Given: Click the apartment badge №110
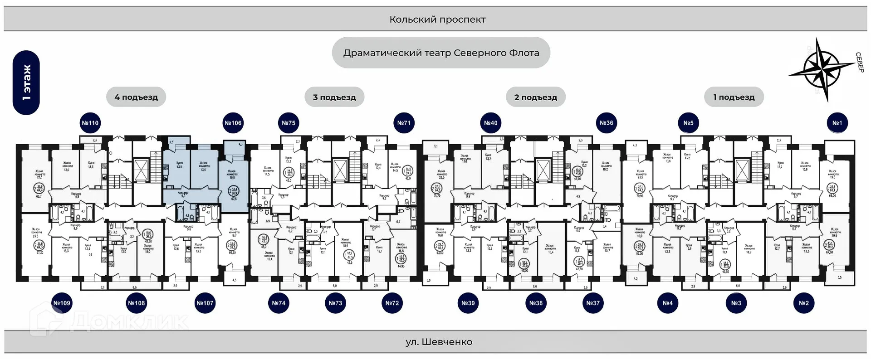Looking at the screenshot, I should pyautogui.click(x=90, y=123).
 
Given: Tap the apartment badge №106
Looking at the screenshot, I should pyautogui.click(x=233, y=123).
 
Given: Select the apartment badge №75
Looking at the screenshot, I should pyautogui.click(x=289, y=123).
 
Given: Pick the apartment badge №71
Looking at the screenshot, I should pyautogui.click(x=404, y=123).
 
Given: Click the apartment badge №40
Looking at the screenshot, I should pyautogui.click(x=490, y=123).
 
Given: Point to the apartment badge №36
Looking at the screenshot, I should pyautogui.click(x=607, y=123).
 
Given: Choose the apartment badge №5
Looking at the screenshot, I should pyautogui.click(x=688, y=123).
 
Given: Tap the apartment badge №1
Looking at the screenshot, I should pyautogui.click(x=837, y=123).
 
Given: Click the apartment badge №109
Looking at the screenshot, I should pyautogui.click(x=62, y=303).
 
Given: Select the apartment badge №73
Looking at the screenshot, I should pyautogui.click(x=335, y=303).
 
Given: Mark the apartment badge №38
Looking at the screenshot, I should pyautogui.click(x=536, y=303).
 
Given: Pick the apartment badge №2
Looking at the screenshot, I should pyautogui.click(x=803, y=303).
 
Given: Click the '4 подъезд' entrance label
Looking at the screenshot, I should pyautogui.click(x=136, y=97).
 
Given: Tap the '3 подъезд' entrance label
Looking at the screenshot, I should pyautogui.click(x=334, y=97).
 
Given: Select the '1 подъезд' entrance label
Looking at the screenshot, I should pyautogui.click(x=734, y=97).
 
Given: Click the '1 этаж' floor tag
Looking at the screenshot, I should pyautogui.click(x=26, y=83).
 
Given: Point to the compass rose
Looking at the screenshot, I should pyautogui.click(x=822, y=69).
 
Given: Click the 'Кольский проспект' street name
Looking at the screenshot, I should pyautogui.click(x=437, y=19).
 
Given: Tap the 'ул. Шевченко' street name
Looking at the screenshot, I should pyautogui.click(x=439, y=342).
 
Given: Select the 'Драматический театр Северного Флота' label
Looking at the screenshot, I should pyautogui.click(x=441, y=53).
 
